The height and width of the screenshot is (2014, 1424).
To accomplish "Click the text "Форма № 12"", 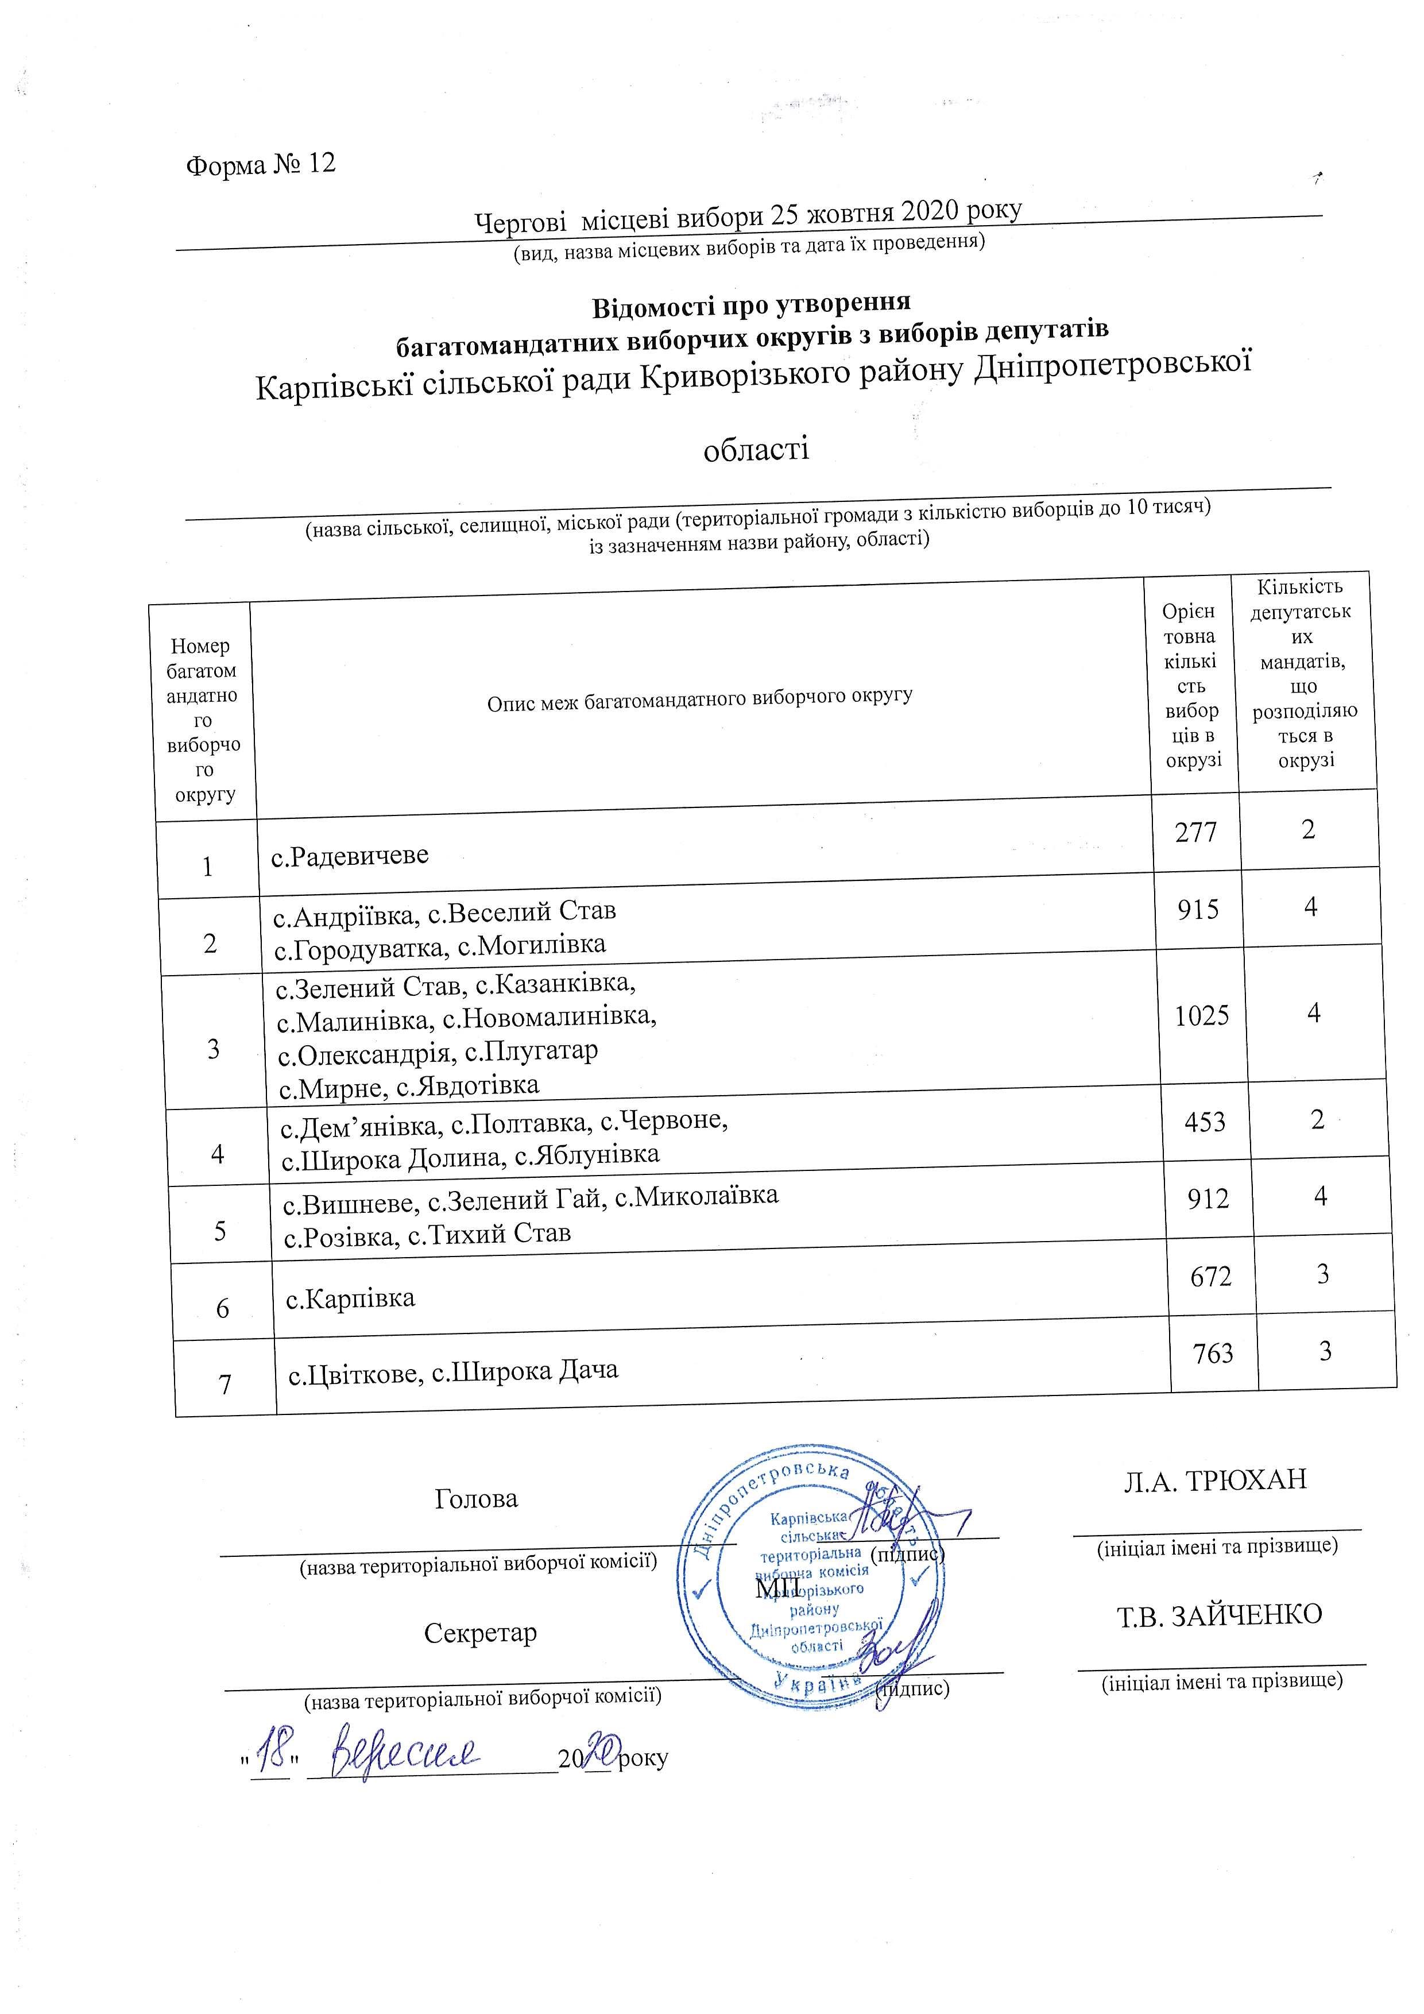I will (x=261, y=165).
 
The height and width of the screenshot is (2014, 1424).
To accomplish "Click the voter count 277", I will (x=1196, y=830).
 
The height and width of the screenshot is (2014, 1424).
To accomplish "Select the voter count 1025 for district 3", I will (x=1201, y=1016).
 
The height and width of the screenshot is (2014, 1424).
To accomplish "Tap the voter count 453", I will (x=1205, y=1122).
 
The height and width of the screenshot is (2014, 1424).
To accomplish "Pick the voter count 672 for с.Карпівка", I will (x=1211, y=1276).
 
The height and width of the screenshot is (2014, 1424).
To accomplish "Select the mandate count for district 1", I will (x=1308, y=829).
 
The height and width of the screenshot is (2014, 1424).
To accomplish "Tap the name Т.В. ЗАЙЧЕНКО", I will (x=1220, y=1615).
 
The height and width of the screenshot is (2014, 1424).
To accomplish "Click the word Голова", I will (x=476, y=1499).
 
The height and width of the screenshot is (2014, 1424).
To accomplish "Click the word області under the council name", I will (x=756, y=450).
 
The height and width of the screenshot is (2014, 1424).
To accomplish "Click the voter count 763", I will (x=1213, y=1354).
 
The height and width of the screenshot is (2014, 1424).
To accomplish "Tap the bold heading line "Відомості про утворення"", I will (x=752, y=306).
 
